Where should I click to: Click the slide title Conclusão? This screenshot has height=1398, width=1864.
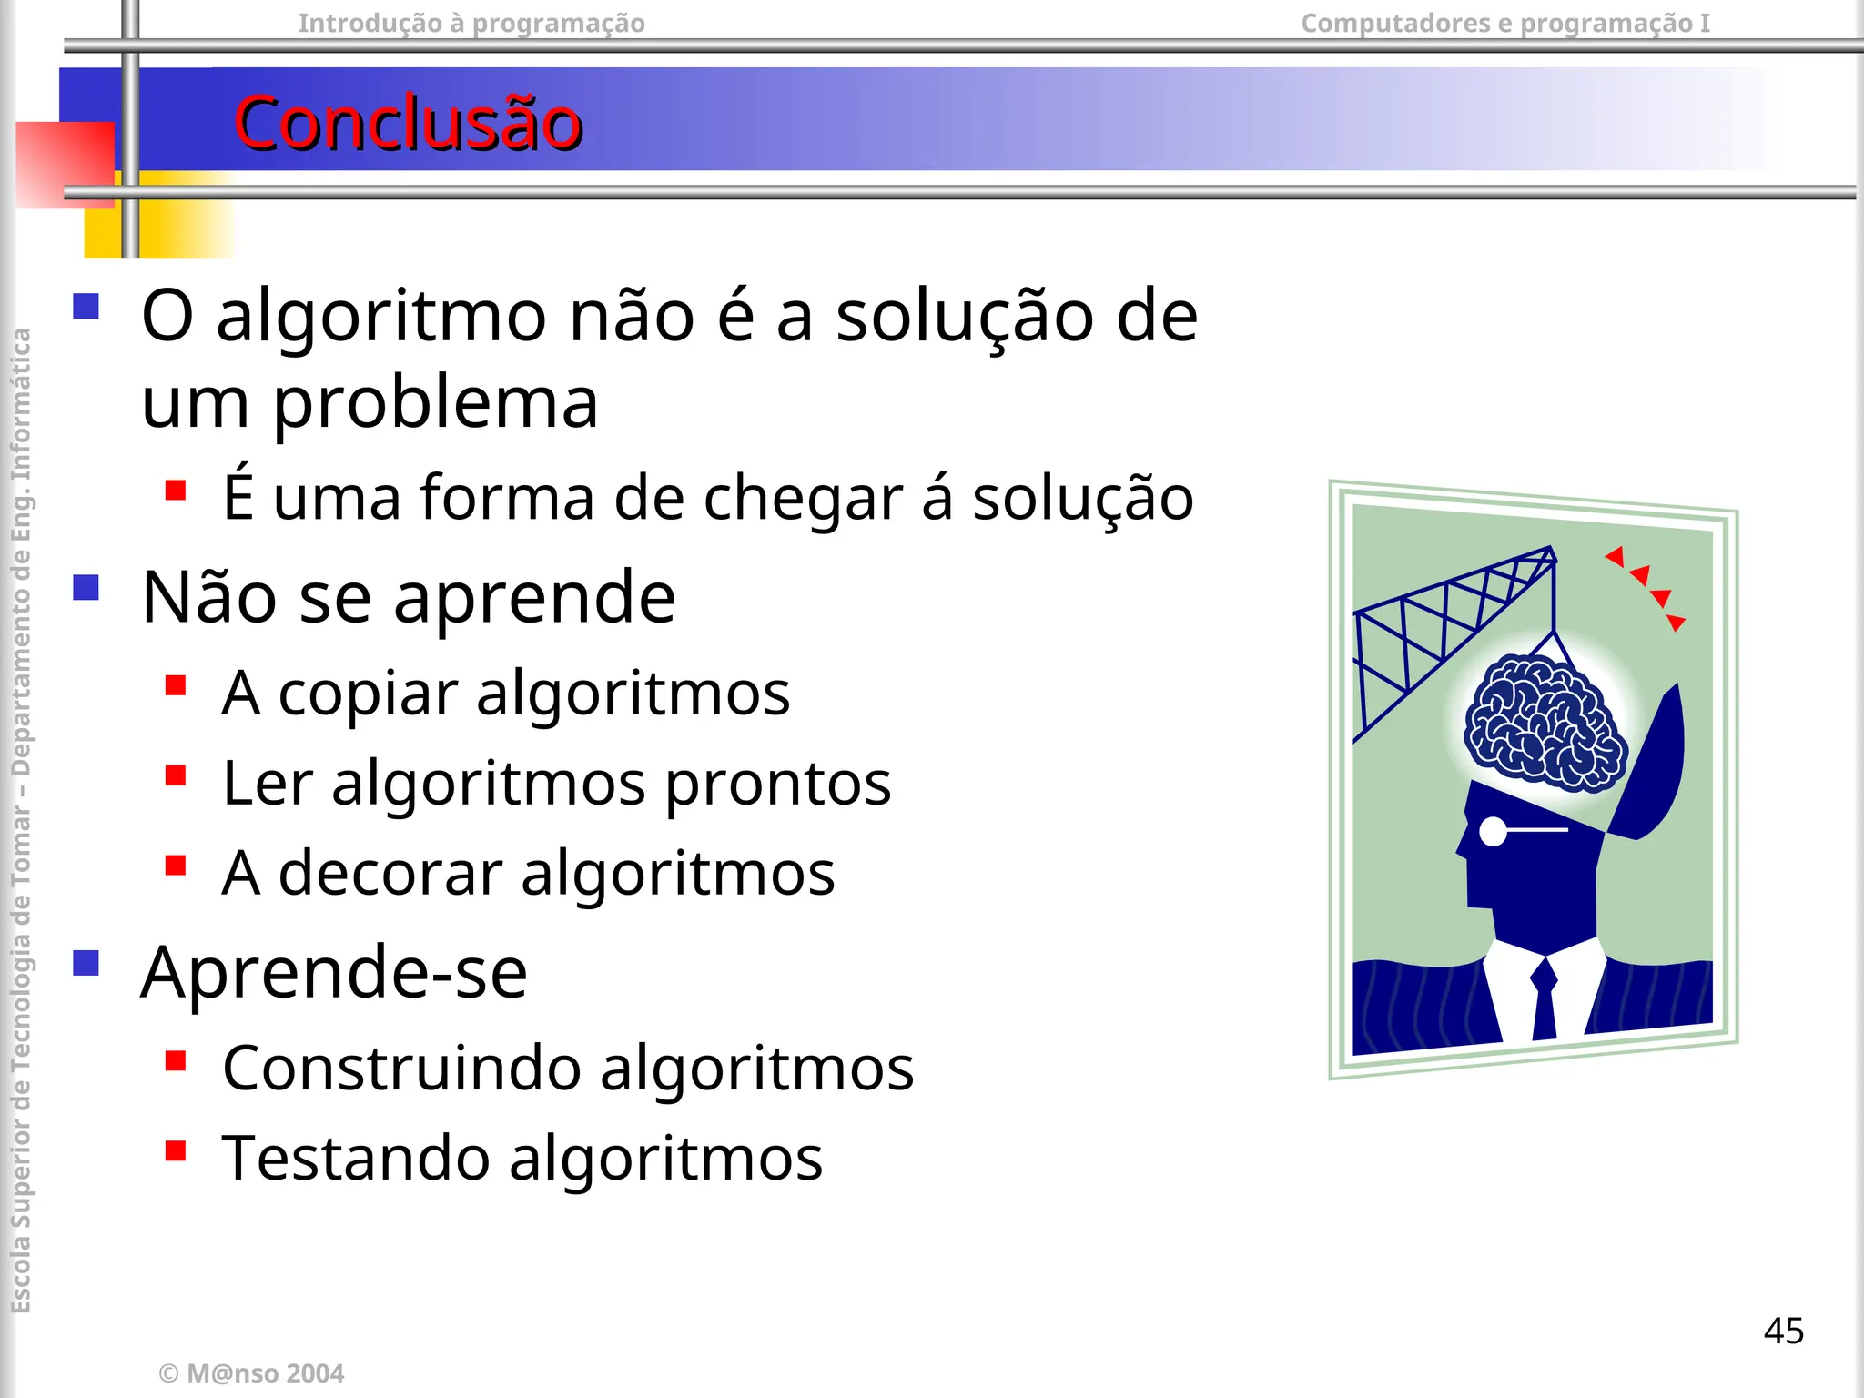coord(408,123)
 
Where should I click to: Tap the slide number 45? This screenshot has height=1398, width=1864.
coord(1783,1331)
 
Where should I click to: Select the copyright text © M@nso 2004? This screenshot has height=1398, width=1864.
coord(251,1373)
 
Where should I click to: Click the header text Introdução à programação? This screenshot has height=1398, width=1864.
coord(471,23)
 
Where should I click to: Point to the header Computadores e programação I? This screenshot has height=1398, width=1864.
coord(1505,23)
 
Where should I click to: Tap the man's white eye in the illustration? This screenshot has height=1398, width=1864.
coord(1494,830)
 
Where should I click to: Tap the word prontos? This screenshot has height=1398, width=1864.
coord(778,784)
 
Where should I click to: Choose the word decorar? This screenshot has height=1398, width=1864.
coord(390,873)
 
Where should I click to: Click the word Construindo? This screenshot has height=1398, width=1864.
coord(401,1068)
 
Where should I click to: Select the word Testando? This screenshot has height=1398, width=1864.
coord(355,1158)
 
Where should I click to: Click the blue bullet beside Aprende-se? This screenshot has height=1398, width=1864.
coord(86,963)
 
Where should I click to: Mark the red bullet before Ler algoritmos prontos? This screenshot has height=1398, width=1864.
coord(176,775)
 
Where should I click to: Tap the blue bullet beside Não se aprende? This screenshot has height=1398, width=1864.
coord(86,588)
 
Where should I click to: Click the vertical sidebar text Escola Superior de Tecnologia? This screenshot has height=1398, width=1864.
coord(21,1092)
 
